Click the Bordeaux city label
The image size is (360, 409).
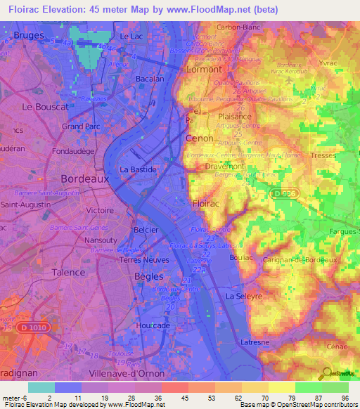point(84,178)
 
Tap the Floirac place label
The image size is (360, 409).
point(206,203)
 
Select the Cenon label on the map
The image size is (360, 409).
point(199,138)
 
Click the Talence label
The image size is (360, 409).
point(70,272)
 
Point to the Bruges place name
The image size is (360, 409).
point(28,34)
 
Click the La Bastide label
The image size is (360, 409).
point(138,169)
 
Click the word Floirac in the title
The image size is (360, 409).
point(26,9)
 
